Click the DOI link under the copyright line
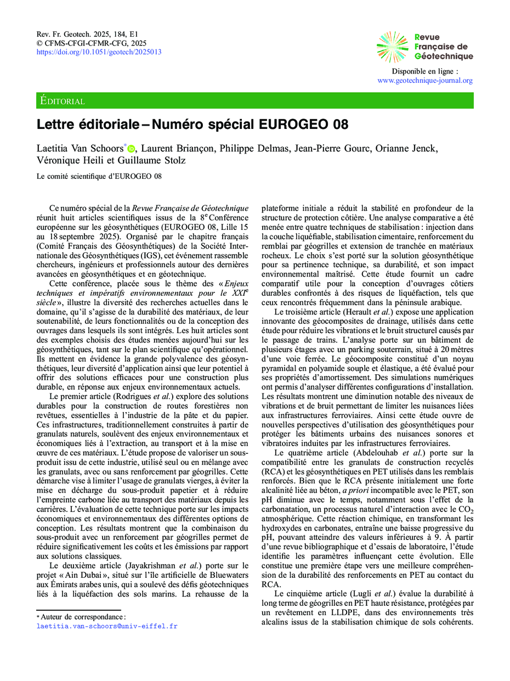[99, 52]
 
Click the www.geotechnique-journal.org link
[425, 80]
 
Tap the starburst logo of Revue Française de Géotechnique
[392, 47]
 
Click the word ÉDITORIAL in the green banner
[63, 101]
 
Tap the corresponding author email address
[107, 626]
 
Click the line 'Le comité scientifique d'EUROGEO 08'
[99, 176]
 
